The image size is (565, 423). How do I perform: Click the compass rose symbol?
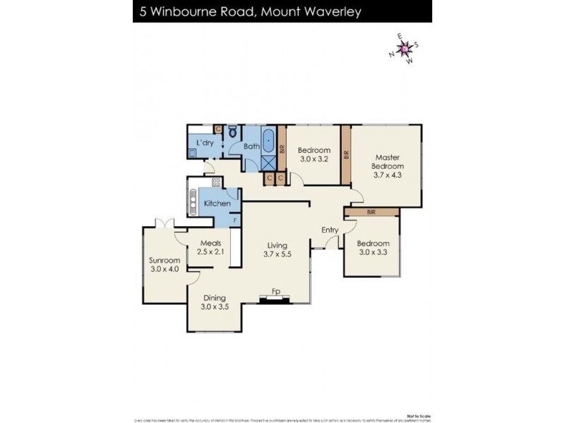coord(404,49)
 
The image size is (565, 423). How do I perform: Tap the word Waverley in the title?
coord(392,11)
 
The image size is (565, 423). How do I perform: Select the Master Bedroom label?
coord(388,162)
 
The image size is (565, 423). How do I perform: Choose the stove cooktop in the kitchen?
coord(216,183)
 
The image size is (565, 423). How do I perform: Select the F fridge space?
coord(235,220)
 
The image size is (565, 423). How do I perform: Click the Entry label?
coord(330,230)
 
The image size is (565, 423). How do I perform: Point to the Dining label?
coord(215,298)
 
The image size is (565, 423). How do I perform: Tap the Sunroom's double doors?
coord(165,223)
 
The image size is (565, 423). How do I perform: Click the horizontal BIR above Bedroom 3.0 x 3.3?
coord(371,211)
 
